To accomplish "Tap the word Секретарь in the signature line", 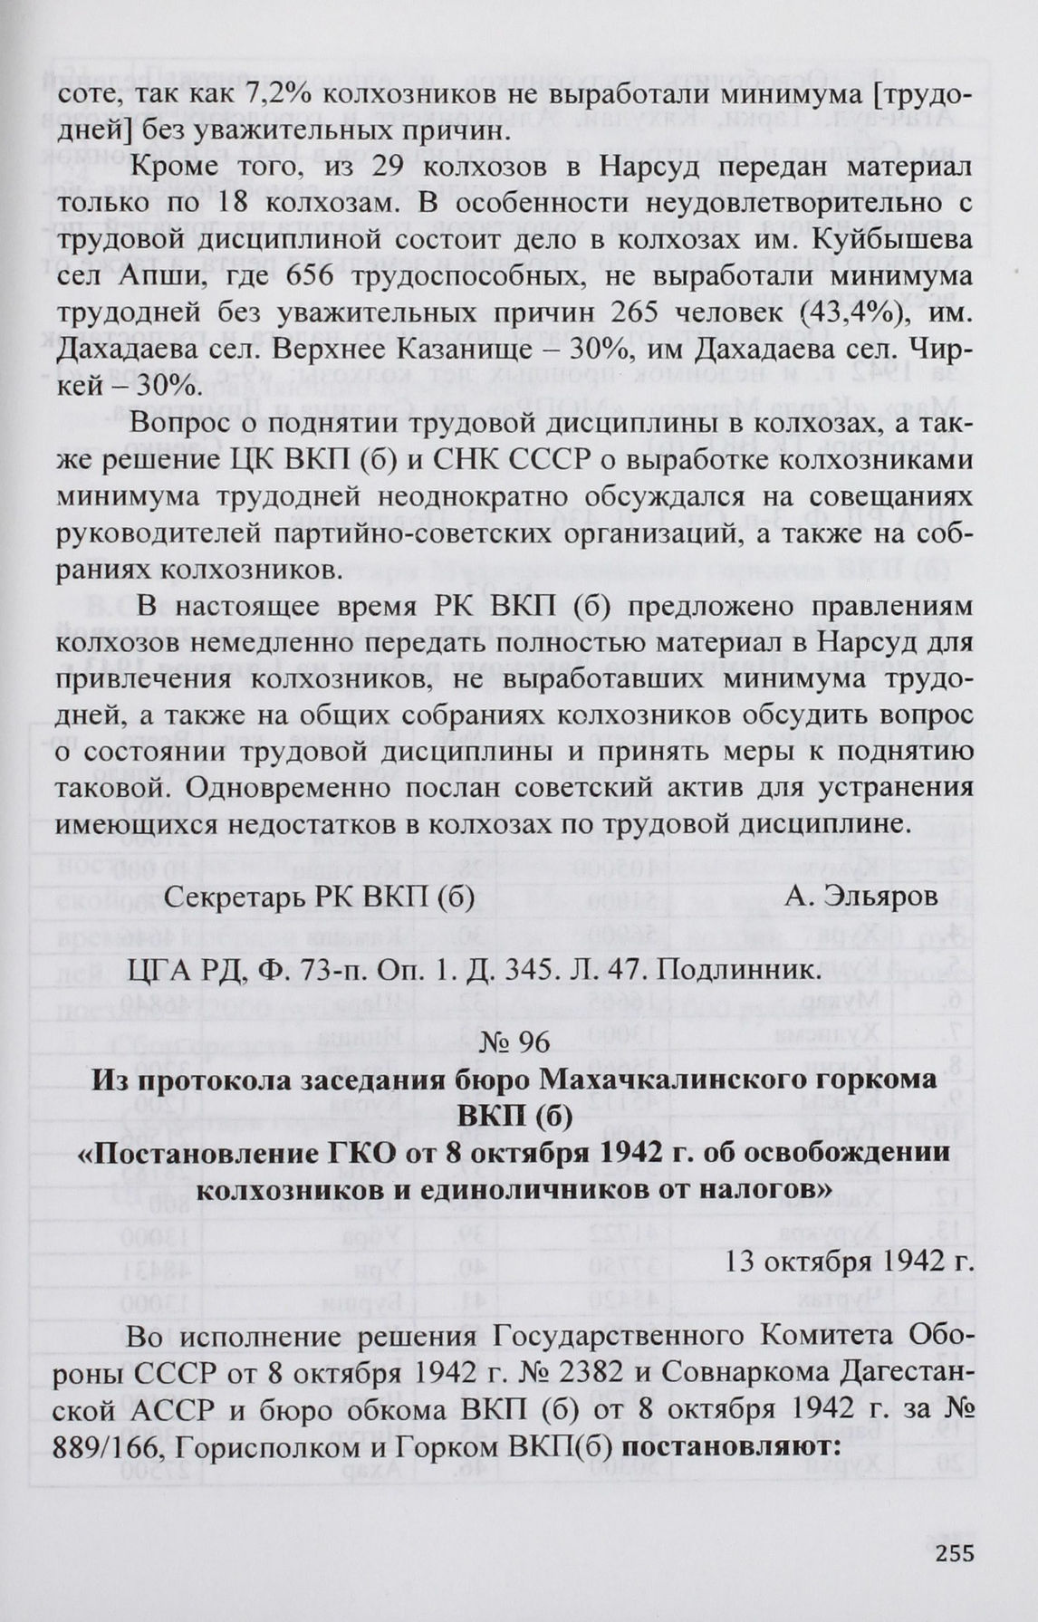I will pos(233,896).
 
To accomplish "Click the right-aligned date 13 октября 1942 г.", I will pos(851,1262).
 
